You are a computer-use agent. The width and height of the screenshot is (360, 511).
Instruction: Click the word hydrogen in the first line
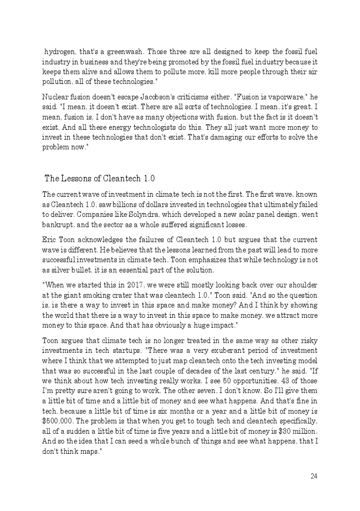click(x=59, y=52)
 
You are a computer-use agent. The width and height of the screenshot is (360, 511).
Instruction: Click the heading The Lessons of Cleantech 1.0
click(x=99, y=179)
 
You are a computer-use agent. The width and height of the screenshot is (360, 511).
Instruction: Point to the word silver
click(x=61, y=270)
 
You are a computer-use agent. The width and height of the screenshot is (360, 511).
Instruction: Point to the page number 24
click(x=314, y=476)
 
